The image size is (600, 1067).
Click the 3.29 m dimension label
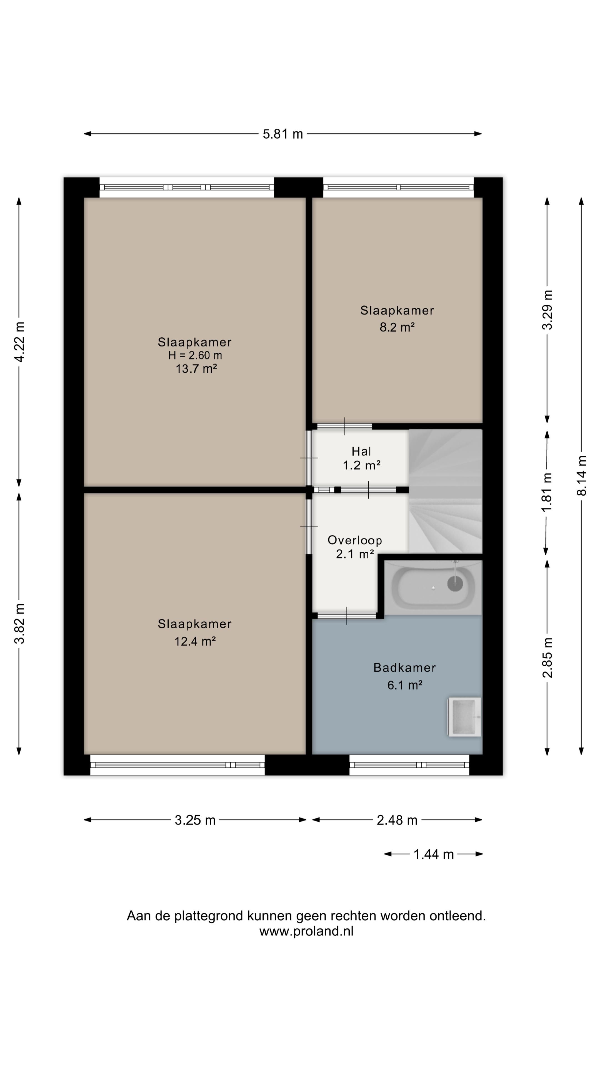click(x=547, y=310)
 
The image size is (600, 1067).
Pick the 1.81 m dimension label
click(x=547, y=492)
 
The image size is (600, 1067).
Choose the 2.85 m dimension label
click(x=547, y=658)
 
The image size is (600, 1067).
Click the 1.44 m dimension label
click(x=434, y=854)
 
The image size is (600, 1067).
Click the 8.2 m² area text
click(x=397, y=327)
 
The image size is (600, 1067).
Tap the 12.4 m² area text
click(x=195, y=641)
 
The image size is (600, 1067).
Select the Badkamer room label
click(x=404, y=667)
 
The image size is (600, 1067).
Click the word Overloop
click(x=355, y=540)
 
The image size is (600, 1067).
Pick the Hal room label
click(x=361, y=451)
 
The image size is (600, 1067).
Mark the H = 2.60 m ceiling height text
click(x=195, y=355)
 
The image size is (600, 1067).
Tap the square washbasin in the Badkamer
click(x=465, y=717)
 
